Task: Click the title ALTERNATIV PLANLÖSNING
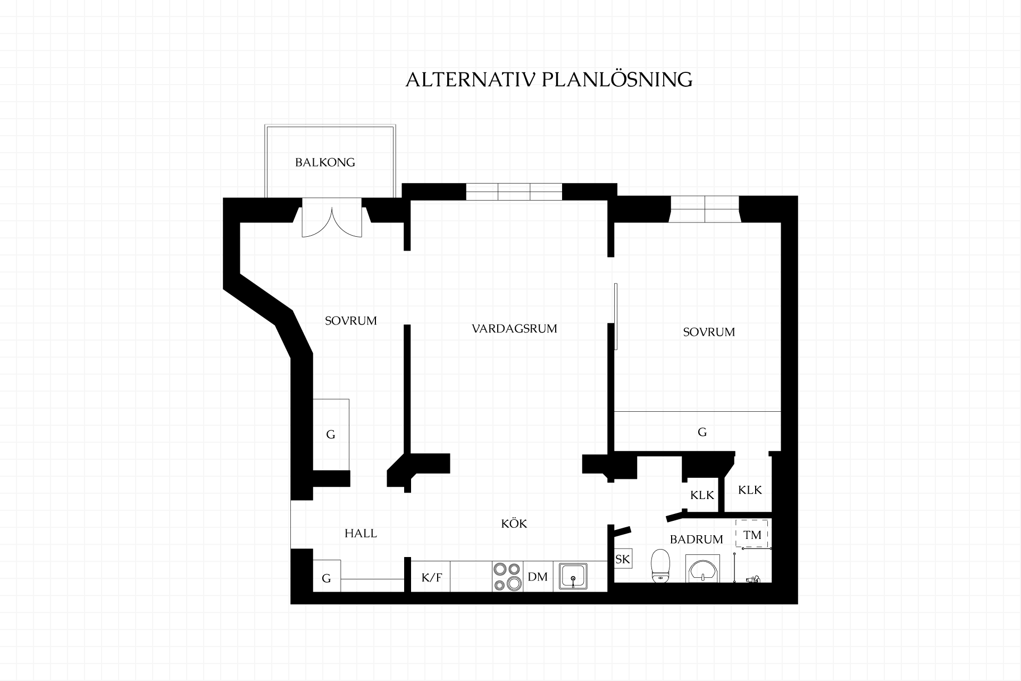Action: click(549, 79)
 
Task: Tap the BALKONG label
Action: click(325, 162)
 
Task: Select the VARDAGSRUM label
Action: click(514, 329)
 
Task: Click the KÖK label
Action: click(514, 523)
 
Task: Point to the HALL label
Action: click(361, 533)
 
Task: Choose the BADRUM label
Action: click(696, 539)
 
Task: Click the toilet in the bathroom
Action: click(660, 565)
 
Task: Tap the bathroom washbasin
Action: click(703, 569)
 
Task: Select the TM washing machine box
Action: click(752, 534)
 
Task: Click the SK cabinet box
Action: click(623, 559)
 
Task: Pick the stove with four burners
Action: click(507, 576)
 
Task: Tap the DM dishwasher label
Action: click(538, 577)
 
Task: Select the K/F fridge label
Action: click(431, 578)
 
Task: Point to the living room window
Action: click(514, 192)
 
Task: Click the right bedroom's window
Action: click(705, 209)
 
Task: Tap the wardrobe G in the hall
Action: click(327, 576)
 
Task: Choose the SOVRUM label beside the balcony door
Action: click(350, 321)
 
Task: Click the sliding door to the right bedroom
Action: click(616, 317)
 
